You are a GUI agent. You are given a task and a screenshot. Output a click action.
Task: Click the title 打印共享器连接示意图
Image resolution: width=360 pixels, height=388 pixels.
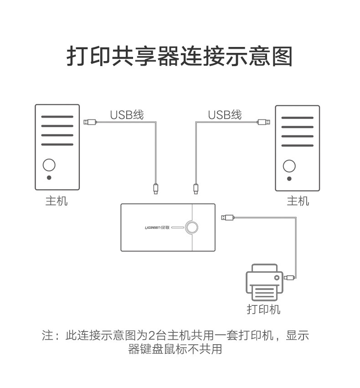click(x=180, y=56)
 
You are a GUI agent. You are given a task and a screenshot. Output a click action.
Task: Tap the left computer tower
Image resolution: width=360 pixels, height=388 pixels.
click(x=57, y=147)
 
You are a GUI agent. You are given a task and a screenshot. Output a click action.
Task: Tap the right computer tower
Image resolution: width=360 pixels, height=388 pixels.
click(x=297, y=148)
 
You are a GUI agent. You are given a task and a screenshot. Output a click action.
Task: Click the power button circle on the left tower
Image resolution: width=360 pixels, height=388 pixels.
click(x=49, y=165)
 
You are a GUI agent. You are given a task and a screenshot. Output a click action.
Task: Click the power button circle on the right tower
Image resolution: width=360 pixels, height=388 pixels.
click(x=289, y=166)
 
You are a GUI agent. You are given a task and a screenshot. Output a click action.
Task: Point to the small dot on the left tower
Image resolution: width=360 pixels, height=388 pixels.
click(x=49, y=177)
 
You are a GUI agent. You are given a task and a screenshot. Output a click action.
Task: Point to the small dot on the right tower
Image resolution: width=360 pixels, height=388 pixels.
click(x=289, y=178)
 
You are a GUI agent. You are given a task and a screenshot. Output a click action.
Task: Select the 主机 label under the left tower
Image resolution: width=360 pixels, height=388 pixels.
click(x=57, y=201)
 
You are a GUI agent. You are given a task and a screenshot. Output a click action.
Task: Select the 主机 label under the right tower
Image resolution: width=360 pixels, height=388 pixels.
click(x=298, y=201)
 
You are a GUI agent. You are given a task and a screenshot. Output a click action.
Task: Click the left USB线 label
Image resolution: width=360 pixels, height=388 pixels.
click(x=127, y=115)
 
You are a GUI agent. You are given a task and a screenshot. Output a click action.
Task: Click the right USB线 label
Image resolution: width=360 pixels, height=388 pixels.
click(x=225, y=115)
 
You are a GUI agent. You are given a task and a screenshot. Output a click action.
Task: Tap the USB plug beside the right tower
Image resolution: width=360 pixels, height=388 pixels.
click(x=263, y=122)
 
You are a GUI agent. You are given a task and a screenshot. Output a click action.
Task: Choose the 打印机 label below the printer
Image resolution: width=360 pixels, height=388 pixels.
click(x=263, y=309)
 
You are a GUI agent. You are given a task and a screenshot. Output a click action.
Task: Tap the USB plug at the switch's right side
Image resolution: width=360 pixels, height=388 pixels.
click(x=227, y=217)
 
